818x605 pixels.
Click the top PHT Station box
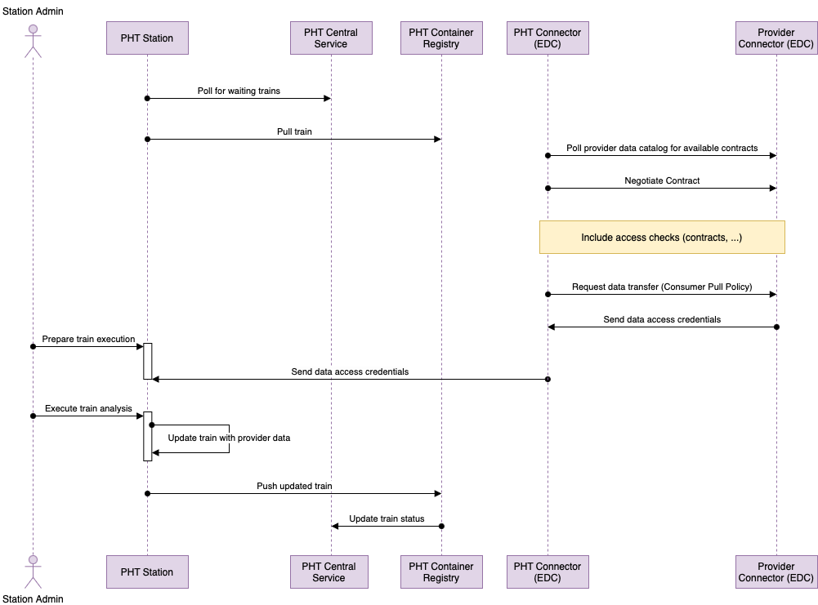pos(147,38)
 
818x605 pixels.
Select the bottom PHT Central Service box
pos(331,572)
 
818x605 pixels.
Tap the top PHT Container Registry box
pos(441,38)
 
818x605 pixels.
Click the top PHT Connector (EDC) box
pos(548,38)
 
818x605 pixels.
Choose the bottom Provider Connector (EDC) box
pos(776,572)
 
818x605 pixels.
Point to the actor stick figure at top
pos(33,39)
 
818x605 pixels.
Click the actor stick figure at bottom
pos(33,571)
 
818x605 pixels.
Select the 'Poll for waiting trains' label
pos(239,91)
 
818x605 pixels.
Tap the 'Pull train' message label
pos(294,131)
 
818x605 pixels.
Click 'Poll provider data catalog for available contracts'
pos(662,149)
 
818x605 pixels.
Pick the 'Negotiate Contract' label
pos(662,180)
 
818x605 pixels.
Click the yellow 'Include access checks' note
pos(662,238)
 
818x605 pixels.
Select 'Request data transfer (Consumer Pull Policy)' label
pos(662,287)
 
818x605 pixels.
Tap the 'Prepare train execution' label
pos(88,339)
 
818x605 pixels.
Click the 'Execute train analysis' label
pos(88,408)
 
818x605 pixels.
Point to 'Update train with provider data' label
pos(229,438)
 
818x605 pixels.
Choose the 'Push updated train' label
pos(294,487)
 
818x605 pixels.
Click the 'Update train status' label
pos(387,519)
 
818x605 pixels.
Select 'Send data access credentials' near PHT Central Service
pos(350,372)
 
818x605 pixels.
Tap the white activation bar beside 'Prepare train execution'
pos(148,361)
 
